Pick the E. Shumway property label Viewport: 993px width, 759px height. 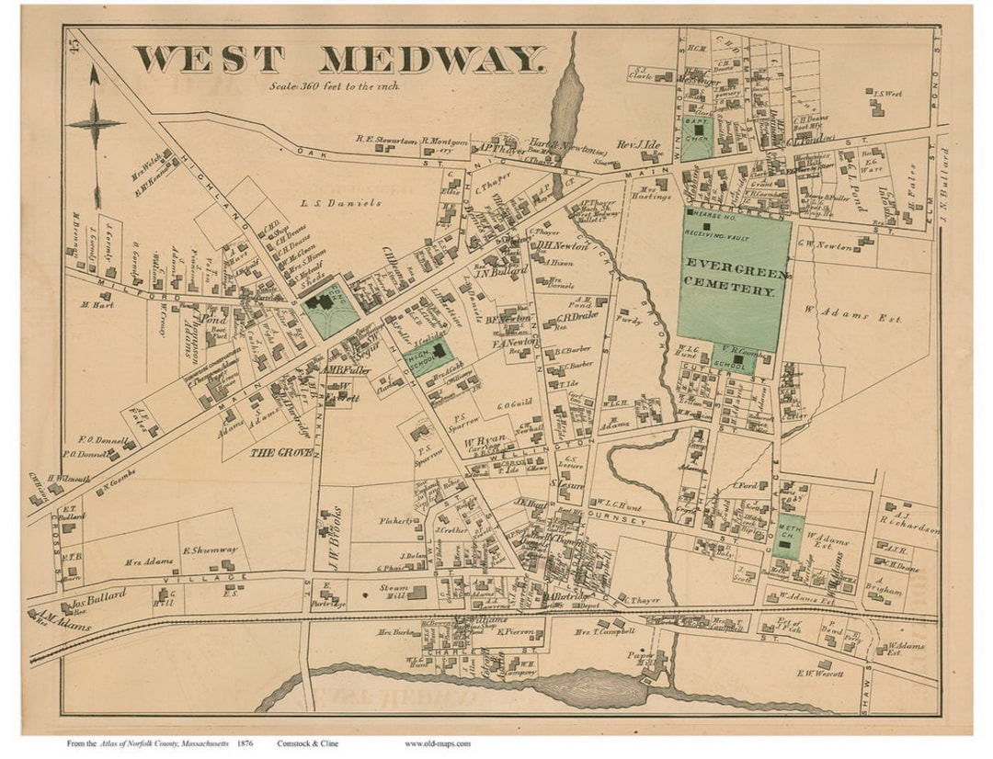tap(211, 550)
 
